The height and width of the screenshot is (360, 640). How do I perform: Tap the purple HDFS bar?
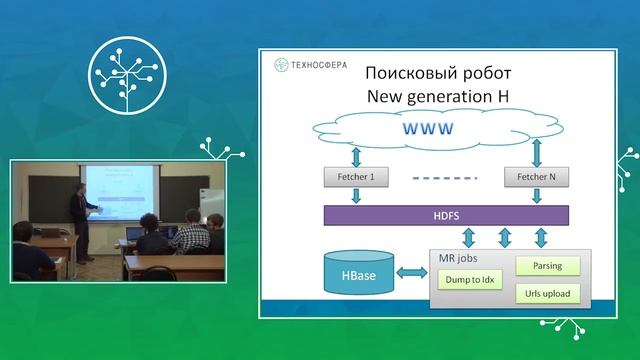[x=445, y=215]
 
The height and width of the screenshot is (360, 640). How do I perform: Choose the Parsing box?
[x=545, y=266]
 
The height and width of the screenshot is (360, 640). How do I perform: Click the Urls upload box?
[x=545, y=294]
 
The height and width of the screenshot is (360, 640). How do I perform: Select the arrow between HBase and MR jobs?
[x=411, y=273]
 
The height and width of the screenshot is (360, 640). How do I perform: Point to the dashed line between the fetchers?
[x=440, y=178]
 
